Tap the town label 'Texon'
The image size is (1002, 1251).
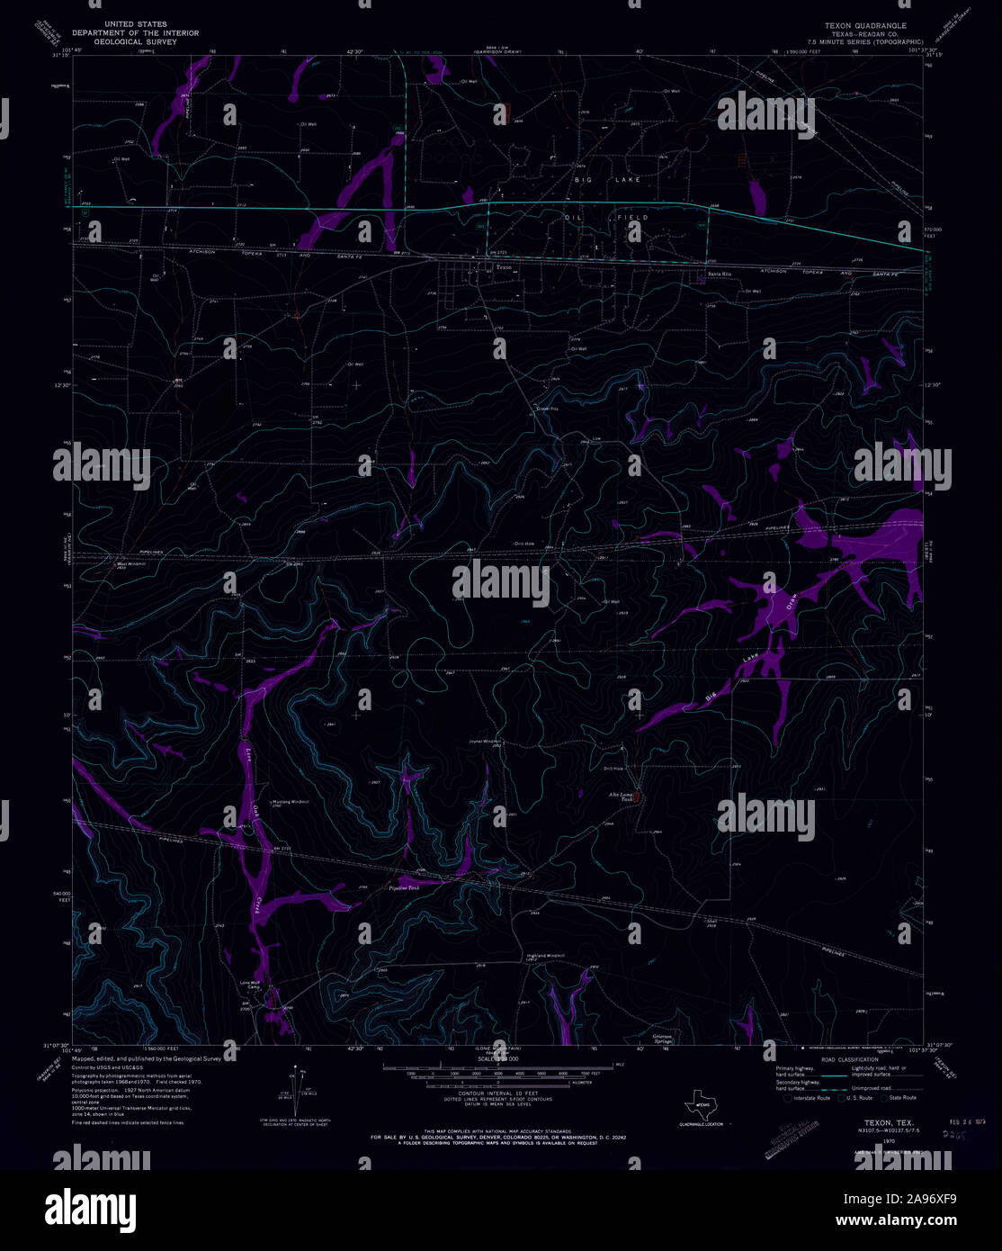click(503, 266)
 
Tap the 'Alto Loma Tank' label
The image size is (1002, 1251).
click(621, 797)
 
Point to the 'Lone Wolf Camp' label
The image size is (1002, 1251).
click(249, 985)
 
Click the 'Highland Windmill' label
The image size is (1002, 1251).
click(538, 956)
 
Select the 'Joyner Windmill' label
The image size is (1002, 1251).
click(483, 742)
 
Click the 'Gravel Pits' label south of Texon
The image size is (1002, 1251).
click(549, 407)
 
